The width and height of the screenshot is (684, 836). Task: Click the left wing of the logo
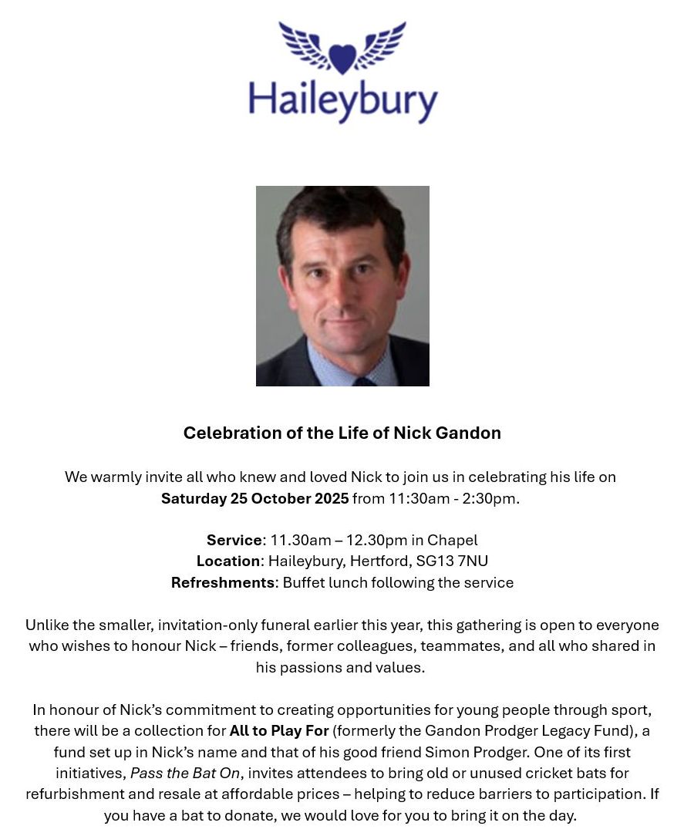click(x=304, y=45)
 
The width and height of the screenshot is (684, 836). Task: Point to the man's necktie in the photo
click(x=364, y=381)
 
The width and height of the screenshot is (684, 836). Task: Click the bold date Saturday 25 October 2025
click(x=254, y=498)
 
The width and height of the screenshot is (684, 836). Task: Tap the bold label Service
click(x=234, y=540)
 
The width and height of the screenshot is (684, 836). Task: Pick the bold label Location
click(x=227, y=561)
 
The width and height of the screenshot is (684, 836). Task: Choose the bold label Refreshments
click(x=222, y=582)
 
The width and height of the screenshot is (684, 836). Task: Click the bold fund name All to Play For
click(x=279, y=730)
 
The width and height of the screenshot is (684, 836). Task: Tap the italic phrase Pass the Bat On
click(x=185, y=773)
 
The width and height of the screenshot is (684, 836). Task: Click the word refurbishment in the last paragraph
click(x=74, y=794)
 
